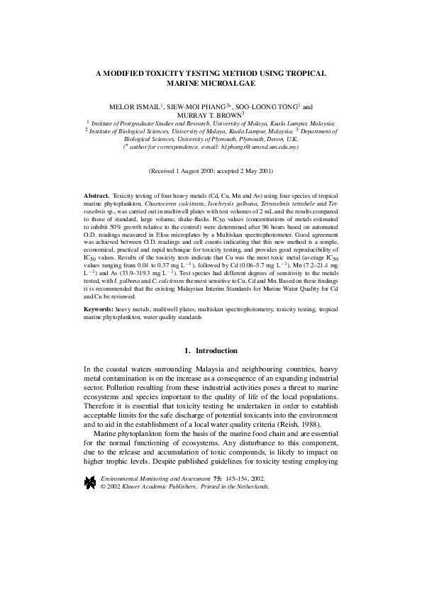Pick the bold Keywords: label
[x=99, y=310]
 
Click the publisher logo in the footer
[x=90, y=482]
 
